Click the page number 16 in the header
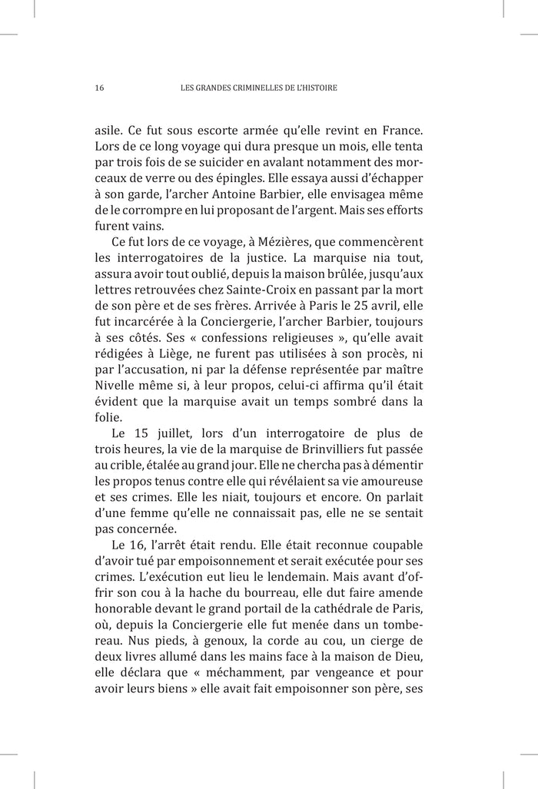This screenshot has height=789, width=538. (x=99, y=88)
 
